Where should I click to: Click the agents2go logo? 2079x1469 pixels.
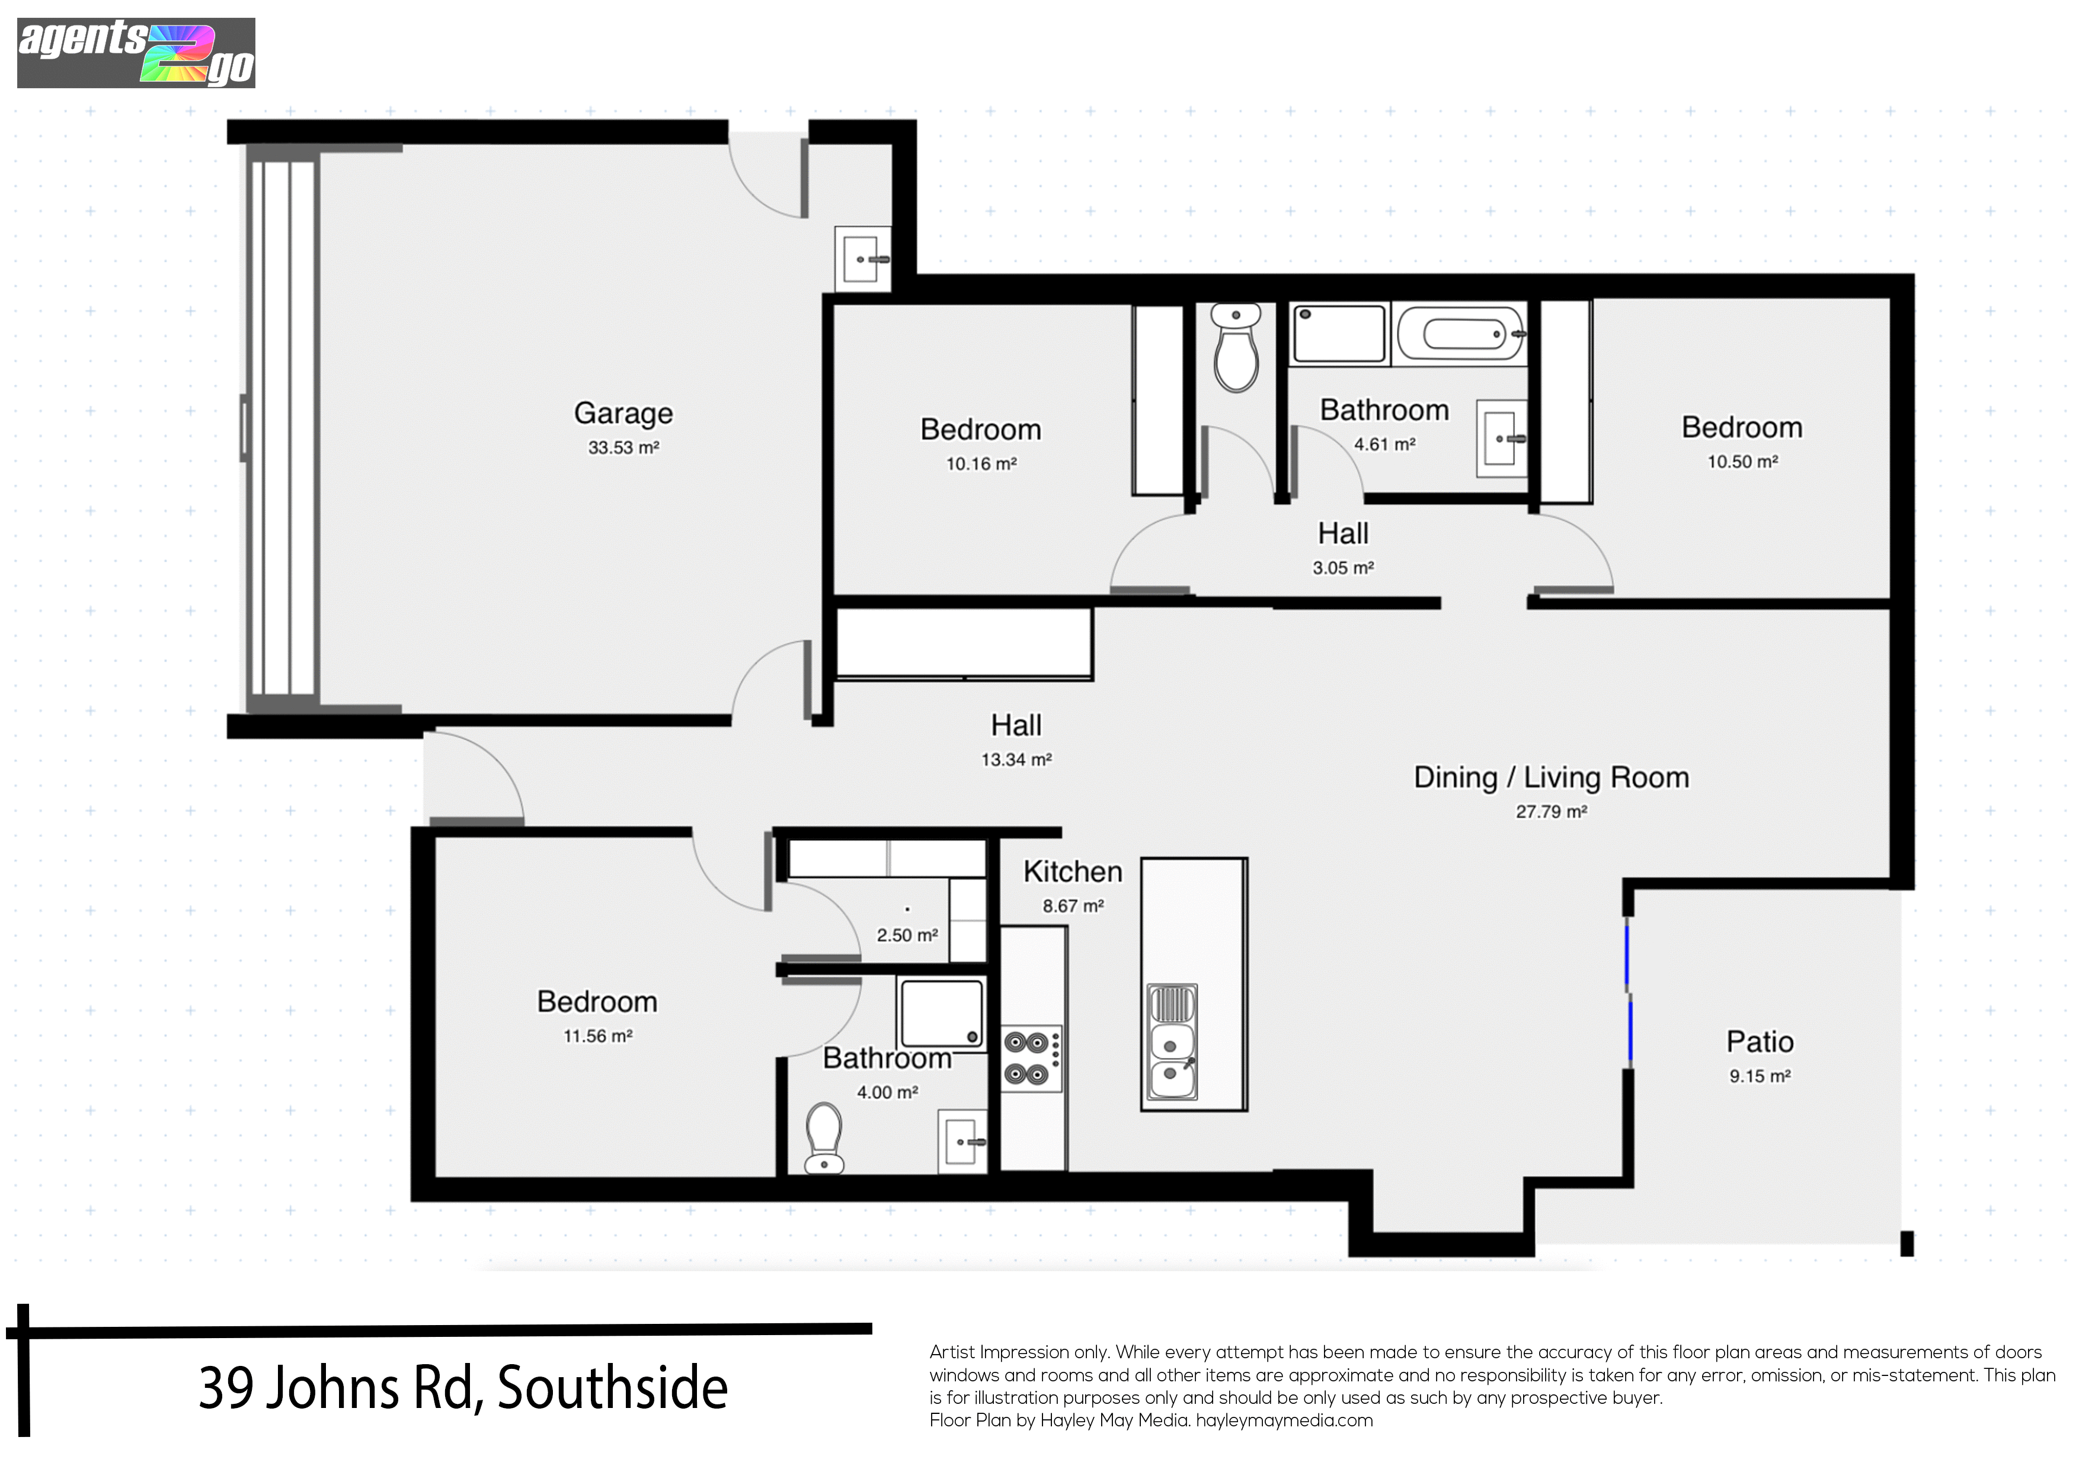pyautogui.click(x=136, y=53)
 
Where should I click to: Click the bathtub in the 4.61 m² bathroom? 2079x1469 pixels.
pyautogui.click(x=1460, y=334)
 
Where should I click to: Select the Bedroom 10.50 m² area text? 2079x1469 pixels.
pyautogui.click(x=1742, y=461)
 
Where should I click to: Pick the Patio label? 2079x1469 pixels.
pyautogui.click(x=1760, y=1042)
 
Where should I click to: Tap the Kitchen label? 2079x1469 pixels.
pyautogui.click(x=1073, y=871)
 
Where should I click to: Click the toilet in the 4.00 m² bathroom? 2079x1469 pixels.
pyautogui.click(x=824, y=1138)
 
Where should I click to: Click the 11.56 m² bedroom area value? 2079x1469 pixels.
pyautogui.click(x=597, y=1037)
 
